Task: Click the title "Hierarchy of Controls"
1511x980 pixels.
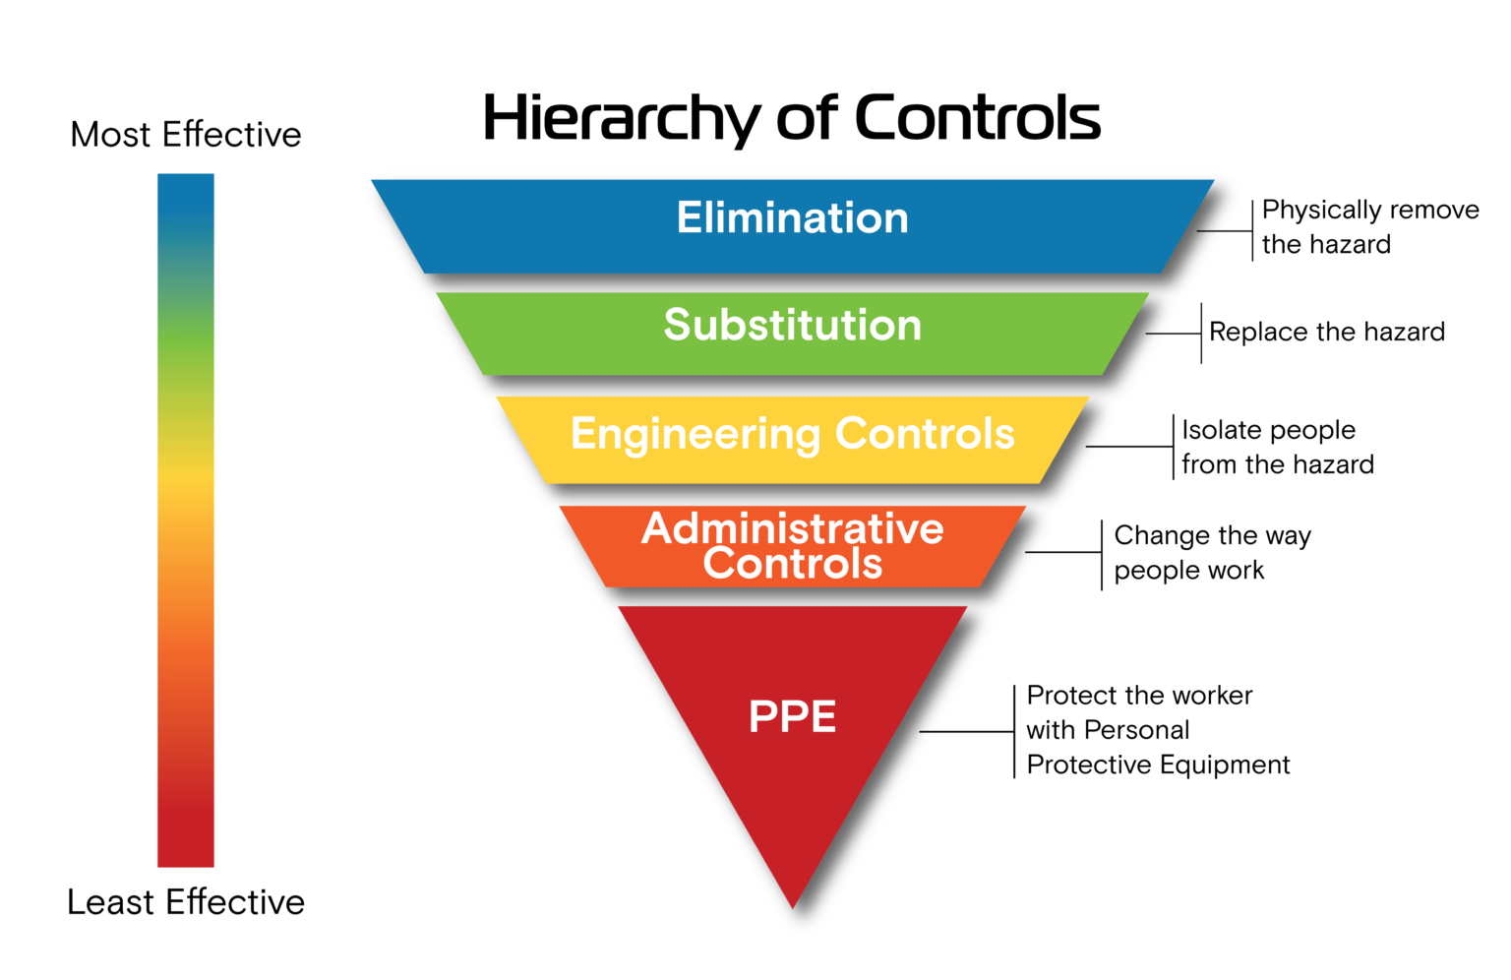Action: click(x=791, y=118)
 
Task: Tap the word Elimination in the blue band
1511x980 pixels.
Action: click(x=792, y=217)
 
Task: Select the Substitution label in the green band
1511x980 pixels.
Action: click(x=792, y=325)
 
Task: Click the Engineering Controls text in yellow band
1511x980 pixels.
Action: click(x=792, y=434)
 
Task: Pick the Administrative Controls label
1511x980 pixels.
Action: click(x=792, y=546)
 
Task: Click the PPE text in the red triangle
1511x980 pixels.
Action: click(x=792, y=716)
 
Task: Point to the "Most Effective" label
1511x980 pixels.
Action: click(x=186, y=135)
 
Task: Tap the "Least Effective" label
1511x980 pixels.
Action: click(x=186, y=902)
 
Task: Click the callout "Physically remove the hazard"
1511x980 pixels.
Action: click(x=1368, y=227)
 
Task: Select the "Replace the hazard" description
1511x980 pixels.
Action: click(x=1326, y=333)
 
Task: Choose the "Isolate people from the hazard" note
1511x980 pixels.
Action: click(x=1277, y=447)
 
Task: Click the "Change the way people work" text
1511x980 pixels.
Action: click(x=1211, y=553)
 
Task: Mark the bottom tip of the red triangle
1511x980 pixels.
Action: click(x=793, y=903)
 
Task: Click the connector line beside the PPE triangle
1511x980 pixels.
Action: click(x=966, y=732)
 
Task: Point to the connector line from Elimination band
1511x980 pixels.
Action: click(x=1224, y=231)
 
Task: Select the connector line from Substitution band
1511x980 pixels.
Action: click(x=1173, y=334)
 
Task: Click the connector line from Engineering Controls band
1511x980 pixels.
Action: click(x=1129, y=447)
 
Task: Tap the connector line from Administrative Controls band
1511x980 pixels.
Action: click(x=1062, y=552)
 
